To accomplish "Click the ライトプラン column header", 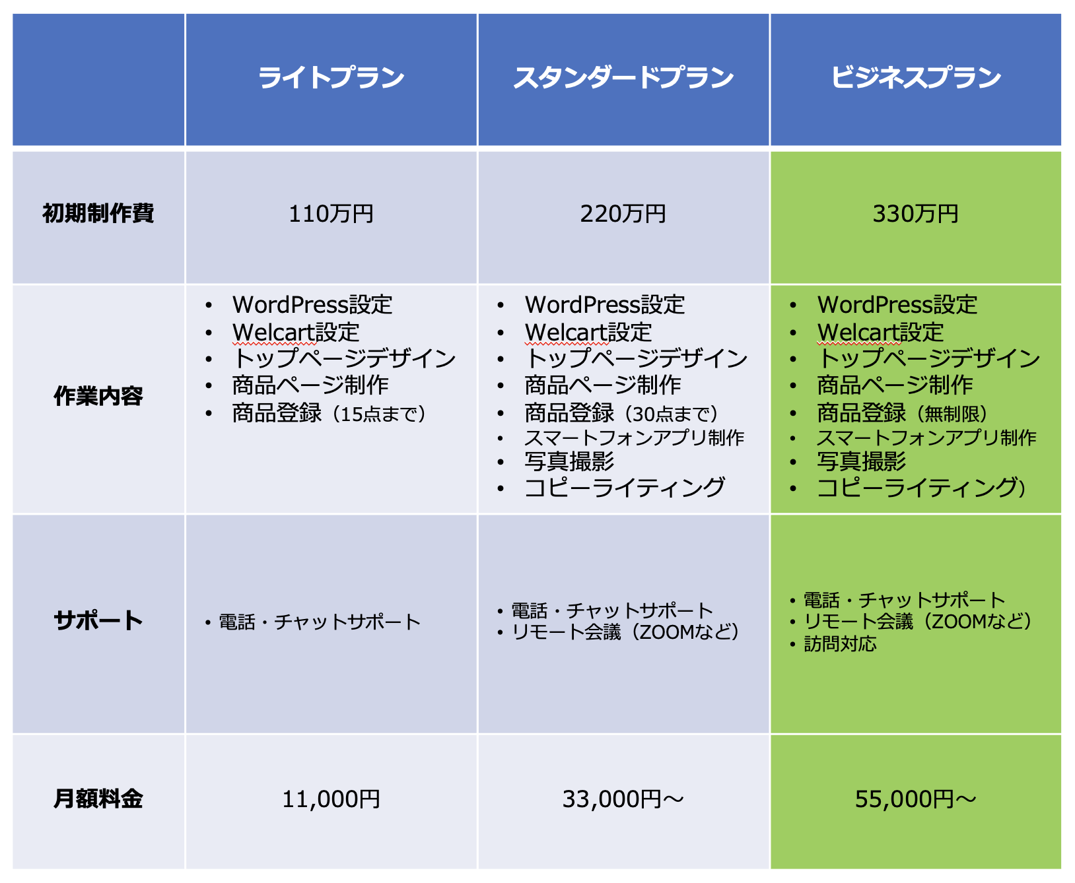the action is [331, 78].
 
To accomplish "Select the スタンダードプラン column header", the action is [623, 78].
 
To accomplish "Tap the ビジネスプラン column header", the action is [916, 78].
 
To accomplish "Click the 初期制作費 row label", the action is [98, 214].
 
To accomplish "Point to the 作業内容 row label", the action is [98, 396].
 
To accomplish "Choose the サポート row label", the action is [98, 620].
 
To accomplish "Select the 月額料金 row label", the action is [98, 799].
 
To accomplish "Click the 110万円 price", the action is [331, 214].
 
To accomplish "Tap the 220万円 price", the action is [623, 214].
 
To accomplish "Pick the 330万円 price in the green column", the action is [916, 214].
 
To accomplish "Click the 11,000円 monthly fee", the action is [331, 799].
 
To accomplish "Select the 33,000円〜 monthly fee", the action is [623, 799].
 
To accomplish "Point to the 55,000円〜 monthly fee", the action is [916, 799].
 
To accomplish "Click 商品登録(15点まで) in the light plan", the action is [329, 413].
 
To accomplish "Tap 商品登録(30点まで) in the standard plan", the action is [621, 413].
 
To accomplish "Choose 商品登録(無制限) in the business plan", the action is [903, 413].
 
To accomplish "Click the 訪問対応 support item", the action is [840, 643].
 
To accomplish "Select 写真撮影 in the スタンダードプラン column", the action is [569, 461].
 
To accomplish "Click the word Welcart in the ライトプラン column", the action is [273, 332].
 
